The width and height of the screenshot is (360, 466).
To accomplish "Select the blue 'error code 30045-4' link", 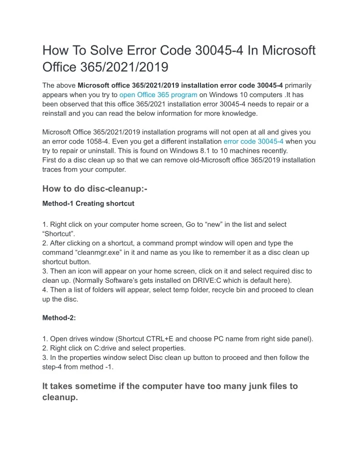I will pyautogui.click(x=253, y=142).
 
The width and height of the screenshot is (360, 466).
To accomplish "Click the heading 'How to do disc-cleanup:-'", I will pyautogui.click(x=95, y=189).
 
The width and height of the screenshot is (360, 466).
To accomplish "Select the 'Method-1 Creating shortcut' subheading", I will pyautogui.click(x=88, y=204).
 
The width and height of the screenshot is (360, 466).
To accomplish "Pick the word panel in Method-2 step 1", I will pyautogui.click(x=302, y=339).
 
